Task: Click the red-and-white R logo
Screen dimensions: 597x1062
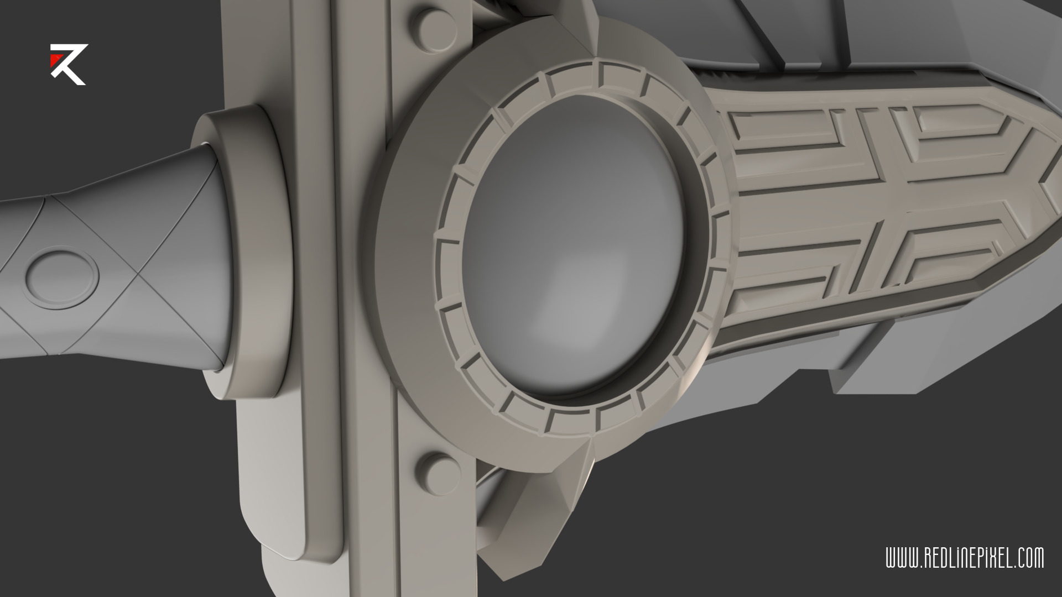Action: tap(68, 64)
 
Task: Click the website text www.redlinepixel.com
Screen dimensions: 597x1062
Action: tap(965, 558)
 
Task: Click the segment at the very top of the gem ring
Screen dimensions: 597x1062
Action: tap(619, 74)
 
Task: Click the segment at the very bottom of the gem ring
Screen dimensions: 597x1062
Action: tap(575, 422)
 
